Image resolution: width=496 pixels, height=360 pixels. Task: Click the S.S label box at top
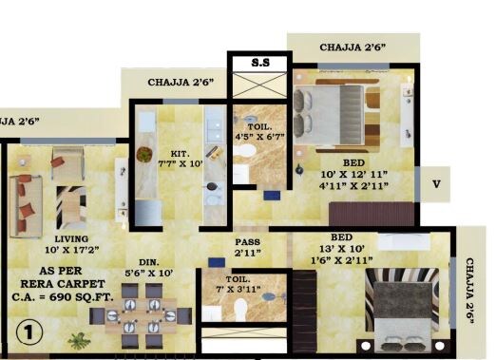(259, 64)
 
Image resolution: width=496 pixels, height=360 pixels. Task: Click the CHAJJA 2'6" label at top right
(352, 46)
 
